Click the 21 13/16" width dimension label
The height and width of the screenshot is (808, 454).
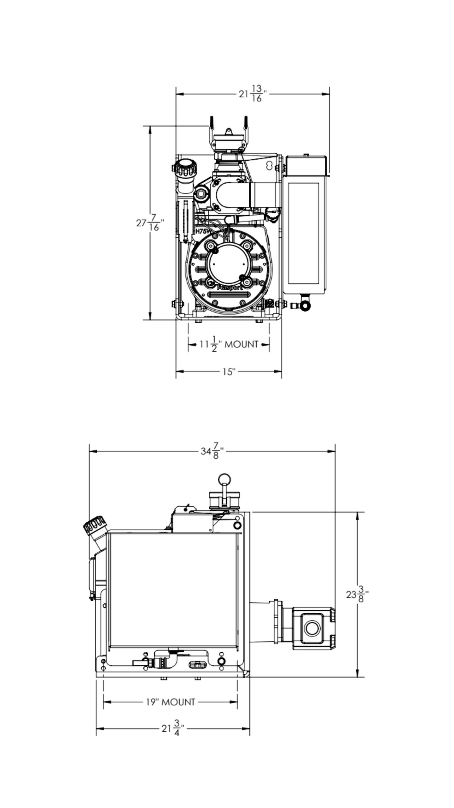click(252, 94)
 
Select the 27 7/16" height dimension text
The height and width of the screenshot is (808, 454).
click(150, 223)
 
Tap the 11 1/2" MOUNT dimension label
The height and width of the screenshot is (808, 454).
click(229, 344)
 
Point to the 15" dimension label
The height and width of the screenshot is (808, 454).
click(229, 372)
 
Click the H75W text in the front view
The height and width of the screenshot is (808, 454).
click(203, 231)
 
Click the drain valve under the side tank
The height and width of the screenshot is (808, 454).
click(305, 305)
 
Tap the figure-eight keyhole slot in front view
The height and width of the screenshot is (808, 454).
click(269, 165)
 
